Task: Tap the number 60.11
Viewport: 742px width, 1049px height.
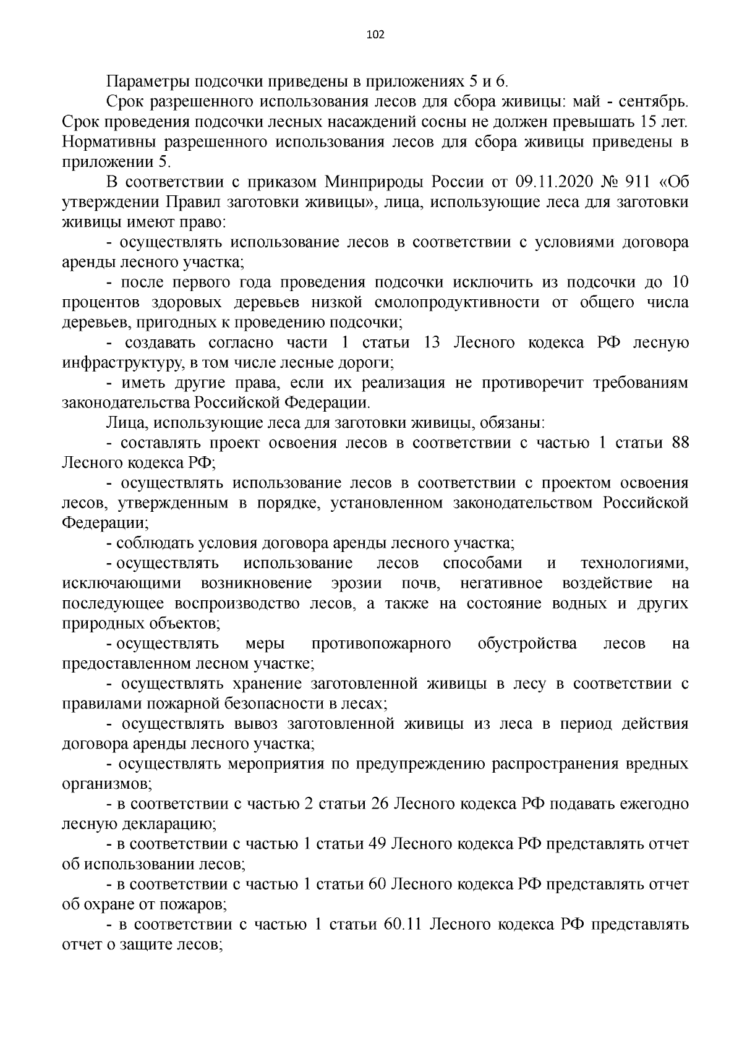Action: point(402,925)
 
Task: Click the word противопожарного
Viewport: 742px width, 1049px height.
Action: point(381,644)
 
